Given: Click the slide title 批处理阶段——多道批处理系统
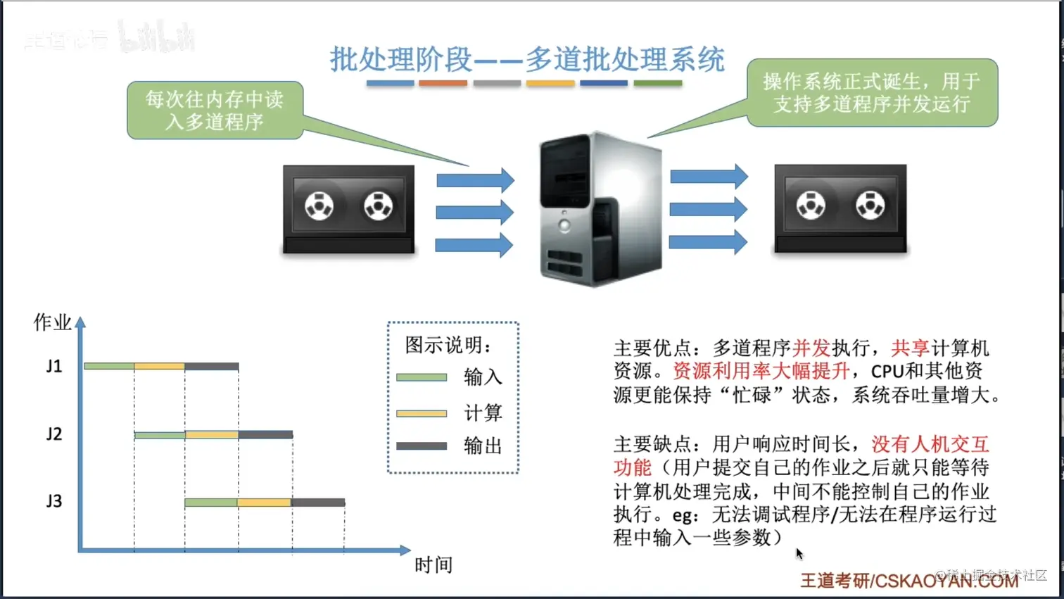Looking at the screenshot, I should coord(527,60).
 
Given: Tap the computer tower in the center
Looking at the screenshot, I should coord(600,209).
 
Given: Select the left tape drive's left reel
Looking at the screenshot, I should coord(319,206).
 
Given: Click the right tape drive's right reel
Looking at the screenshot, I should coord(870,206).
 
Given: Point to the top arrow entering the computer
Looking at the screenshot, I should coord(475,180).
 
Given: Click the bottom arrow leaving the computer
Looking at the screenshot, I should coord(708,242).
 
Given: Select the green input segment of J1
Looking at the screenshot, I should coord(109,366).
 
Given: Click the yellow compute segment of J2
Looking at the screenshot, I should coord(212,435).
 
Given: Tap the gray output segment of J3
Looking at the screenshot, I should coord(318,503).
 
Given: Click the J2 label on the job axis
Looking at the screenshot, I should coord(54,434).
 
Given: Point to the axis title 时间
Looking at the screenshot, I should coord(433,565).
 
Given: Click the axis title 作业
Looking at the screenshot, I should coord(52,322).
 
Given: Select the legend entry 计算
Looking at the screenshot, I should coord(483,412).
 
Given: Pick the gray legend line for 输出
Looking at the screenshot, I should coord(422,446).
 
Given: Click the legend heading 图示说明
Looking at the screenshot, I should coord(448,345).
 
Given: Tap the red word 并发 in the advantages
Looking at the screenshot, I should coord(811,348).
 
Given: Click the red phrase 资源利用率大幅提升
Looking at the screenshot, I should coord(761,371).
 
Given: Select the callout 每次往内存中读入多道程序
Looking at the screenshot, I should coord(215,111).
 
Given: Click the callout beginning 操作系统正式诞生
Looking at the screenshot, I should coord(872,93).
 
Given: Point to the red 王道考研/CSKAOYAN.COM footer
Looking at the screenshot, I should coord(908,581).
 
